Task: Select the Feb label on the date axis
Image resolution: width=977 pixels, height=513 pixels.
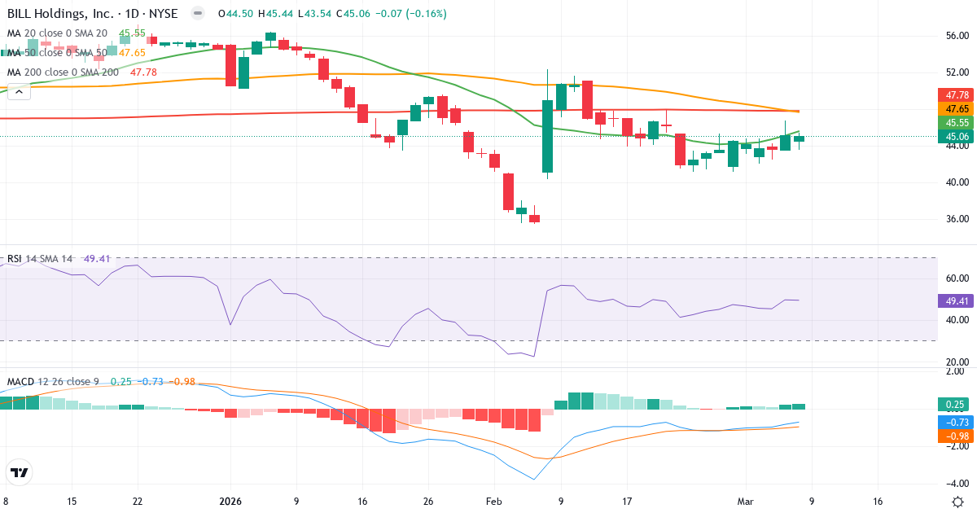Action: click(x=494, y=502)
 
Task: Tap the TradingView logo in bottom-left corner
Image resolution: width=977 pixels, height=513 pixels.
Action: click(x=20, y=472)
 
